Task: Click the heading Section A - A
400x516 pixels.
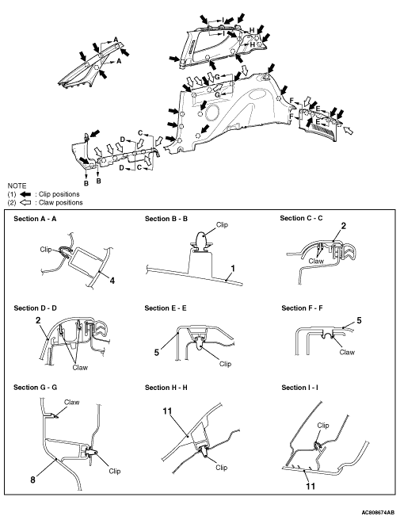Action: (x=35, y=219)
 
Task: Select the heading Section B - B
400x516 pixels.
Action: (x=166, y=219)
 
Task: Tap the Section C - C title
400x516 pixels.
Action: (x=301, y=218)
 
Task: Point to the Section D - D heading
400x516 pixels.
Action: (x=35, y=308)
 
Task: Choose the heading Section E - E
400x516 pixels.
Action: (x=166, y=308)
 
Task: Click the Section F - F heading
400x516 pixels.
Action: (x=302, y=308)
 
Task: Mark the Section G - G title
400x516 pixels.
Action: (x=35, y=388)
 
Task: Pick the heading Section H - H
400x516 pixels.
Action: (x=166, y=388)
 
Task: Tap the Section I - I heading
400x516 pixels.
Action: (x=299, y=388)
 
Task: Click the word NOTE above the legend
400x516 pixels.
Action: (x=17, y=185)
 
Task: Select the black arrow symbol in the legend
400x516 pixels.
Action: (x=25, y=194)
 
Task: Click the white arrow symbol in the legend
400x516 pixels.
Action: (x=25, y=202)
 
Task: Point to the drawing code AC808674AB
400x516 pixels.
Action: (x=378, y=512)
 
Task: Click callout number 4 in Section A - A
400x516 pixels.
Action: (x=112, y=281)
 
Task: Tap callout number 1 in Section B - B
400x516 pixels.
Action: (x=233, y=269)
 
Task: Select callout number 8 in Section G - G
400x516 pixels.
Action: (x=32, y=480)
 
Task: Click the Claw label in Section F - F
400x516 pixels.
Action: (x=347, y=352)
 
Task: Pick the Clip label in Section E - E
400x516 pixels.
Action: (x=225, y=364)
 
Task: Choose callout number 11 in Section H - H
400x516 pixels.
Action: (x=167, y=411)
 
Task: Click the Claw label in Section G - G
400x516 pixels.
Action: (x=72, y=402)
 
